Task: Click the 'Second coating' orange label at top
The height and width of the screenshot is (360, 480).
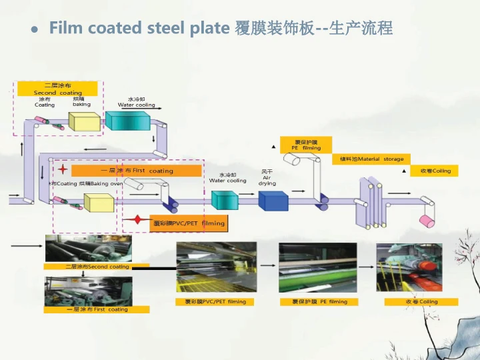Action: pos(57,89)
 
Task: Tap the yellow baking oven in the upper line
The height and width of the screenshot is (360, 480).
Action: pos(85,122)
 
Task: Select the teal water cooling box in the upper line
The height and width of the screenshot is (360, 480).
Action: pos(128,121)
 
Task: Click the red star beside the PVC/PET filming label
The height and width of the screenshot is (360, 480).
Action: pos(137,219)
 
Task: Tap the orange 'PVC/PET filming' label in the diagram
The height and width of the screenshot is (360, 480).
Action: pos(189,223)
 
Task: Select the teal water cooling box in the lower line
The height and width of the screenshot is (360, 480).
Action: pos(225,199)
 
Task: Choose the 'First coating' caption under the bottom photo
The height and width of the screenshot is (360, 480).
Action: pos(97,309)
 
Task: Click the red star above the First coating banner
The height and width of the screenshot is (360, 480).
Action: pos(63,169)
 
